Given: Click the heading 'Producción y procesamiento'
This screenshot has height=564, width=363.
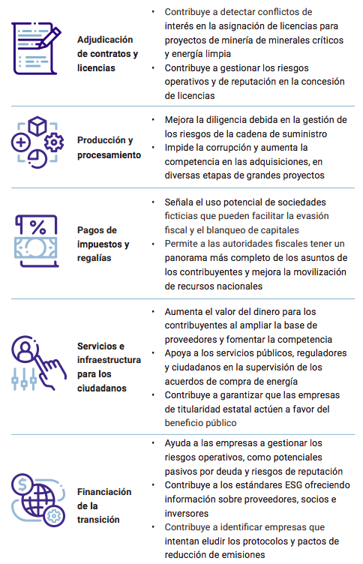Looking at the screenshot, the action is [x=109, y=148].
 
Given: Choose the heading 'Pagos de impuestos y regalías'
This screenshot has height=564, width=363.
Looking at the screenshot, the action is [x=103, y=244].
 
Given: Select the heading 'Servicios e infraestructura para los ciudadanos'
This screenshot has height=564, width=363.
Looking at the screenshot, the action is [x=109, y=367].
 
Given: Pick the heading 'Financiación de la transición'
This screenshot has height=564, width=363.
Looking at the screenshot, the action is [x=104, y=505].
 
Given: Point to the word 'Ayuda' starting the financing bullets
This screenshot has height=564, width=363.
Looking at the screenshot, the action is [x=178, y=443].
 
